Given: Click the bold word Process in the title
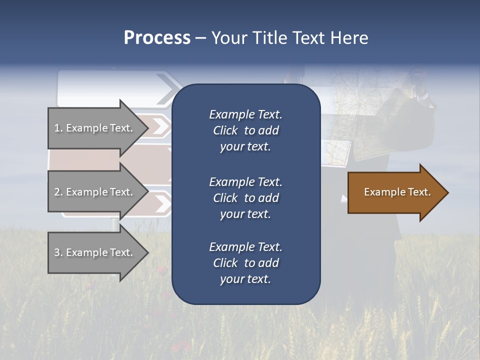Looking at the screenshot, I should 157,38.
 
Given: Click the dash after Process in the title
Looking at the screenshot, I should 200,38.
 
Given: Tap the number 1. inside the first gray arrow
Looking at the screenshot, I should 58,128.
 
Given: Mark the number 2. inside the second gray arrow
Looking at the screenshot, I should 58,192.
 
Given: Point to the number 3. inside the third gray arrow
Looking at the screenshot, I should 58,252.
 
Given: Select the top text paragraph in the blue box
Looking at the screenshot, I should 245,130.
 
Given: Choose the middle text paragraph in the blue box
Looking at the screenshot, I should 245,198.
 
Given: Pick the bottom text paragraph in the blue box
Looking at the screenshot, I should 245,263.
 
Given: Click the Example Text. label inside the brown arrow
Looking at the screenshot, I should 397,192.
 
